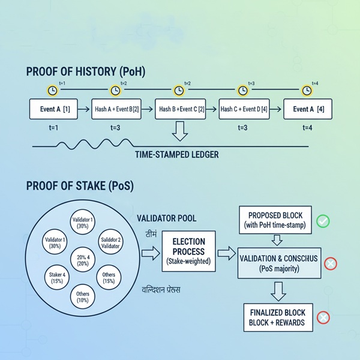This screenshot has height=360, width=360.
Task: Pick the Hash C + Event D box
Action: (243, 109)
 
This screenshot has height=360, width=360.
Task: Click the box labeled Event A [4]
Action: (307, 109)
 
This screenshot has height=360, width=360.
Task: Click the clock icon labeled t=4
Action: (307, 90)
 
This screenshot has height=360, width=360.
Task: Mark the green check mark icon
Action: (323, 221)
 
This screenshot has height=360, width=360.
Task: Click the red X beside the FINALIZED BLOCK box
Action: (323, 317)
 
